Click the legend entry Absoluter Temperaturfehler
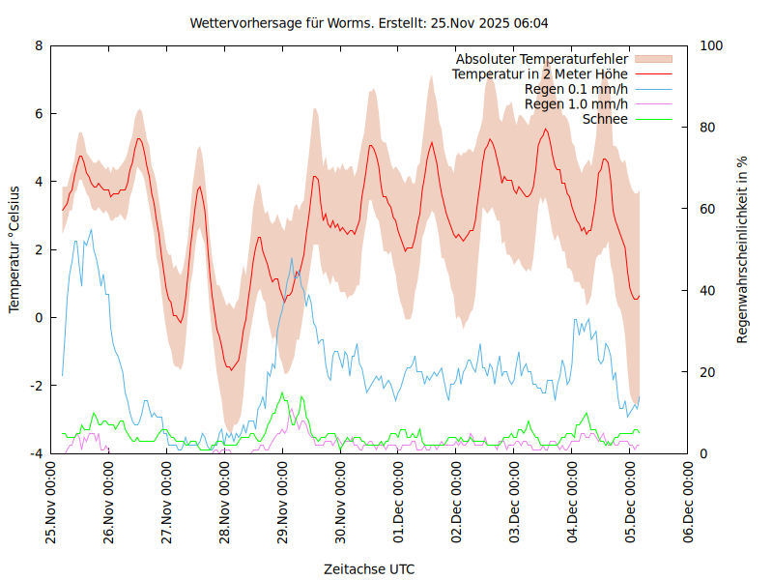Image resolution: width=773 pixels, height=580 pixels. tap(541, 59)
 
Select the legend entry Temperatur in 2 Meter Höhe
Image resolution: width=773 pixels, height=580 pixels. tap(539, 74)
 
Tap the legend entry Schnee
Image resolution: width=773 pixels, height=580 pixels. tap(605, 119)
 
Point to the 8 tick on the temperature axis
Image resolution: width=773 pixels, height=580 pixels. tap(39, 45)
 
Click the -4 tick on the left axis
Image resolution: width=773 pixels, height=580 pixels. tap(36, 453)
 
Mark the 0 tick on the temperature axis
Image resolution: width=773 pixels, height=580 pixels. tap(39, 318)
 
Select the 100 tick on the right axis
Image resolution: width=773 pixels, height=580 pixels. tap(711, 45)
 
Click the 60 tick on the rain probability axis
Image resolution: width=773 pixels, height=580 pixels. tap(707, 209)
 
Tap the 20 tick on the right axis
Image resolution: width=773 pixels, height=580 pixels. tap(707, 372)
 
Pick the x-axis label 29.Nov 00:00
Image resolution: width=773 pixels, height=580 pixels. tap(283, 504)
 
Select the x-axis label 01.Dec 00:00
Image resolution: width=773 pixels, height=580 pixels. tap(399, 504)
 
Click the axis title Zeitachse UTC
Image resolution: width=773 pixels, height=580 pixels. tap(369, 569)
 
